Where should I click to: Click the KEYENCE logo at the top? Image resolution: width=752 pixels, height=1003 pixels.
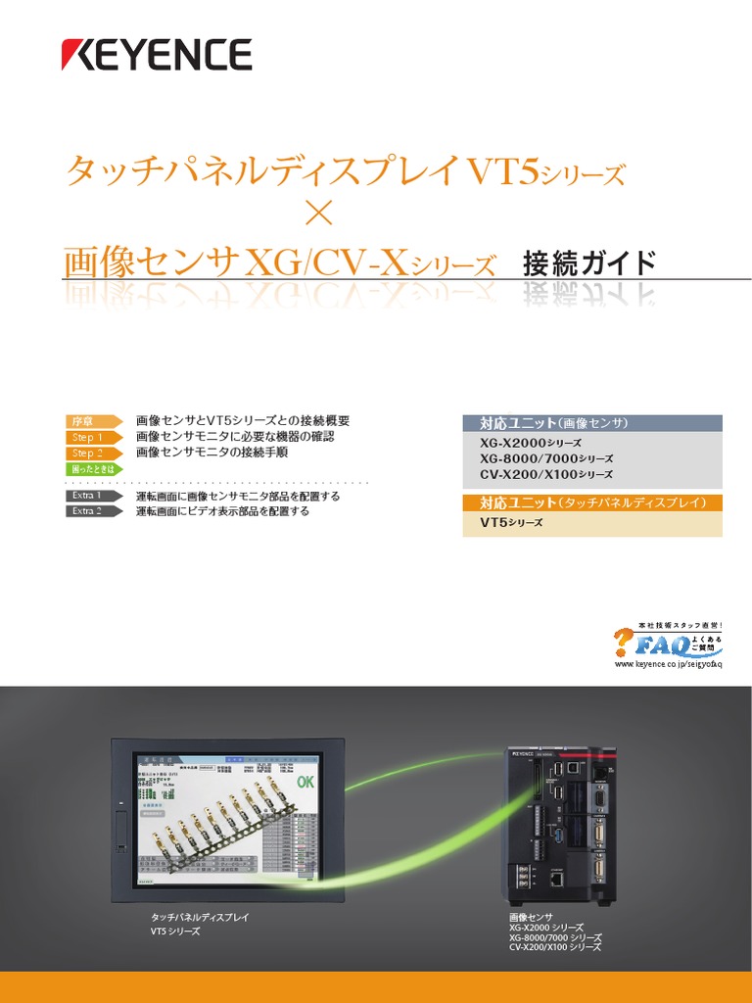point(157,55)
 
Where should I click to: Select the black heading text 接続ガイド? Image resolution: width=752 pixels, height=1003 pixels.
point(589,263)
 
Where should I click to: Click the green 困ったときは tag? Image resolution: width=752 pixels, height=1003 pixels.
point(91,469)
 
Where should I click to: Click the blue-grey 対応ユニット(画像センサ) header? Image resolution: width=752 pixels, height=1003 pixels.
point(591,423)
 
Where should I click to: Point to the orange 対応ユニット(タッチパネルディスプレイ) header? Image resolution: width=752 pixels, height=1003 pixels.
point(591,502)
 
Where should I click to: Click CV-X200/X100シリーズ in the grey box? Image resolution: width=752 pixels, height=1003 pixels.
point(546,474)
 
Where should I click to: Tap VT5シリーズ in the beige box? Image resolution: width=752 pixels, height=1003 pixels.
point(511,523)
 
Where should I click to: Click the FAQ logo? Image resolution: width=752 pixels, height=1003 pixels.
point(669,641)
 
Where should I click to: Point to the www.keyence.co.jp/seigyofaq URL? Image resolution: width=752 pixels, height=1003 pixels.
point(668,664)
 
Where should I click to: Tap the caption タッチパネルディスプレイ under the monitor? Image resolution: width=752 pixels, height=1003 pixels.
point(193,917)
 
